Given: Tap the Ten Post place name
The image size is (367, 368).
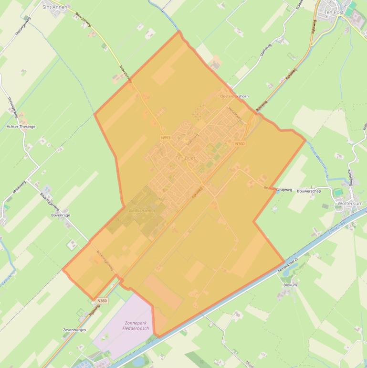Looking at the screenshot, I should point(334,12).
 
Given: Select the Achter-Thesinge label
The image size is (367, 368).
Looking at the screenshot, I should point(21,127).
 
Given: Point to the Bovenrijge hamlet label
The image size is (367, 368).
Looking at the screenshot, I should point(61,215).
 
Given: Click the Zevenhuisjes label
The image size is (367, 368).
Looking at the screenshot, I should point(74,330).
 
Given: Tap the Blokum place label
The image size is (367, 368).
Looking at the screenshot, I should point(290,285).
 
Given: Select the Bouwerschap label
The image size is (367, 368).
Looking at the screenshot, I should point(309,191).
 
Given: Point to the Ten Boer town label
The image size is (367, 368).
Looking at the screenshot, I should point(186,158).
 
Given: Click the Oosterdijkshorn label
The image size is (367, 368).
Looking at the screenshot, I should point(234,96).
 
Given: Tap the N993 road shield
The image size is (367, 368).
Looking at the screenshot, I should point(166,138).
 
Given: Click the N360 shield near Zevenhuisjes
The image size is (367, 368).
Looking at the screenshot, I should point(102,301).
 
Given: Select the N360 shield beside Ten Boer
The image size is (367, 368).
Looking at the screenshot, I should point(240,144).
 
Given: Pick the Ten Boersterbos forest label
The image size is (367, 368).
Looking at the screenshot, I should point(143,210).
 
